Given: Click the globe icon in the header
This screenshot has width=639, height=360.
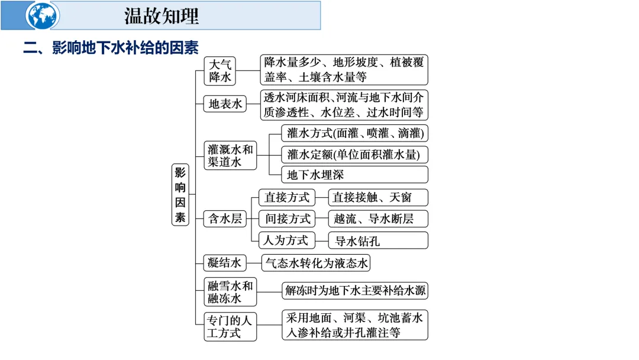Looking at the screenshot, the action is tap(43, 15).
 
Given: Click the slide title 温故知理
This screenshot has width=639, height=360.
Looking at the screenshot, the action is tap(162, 16).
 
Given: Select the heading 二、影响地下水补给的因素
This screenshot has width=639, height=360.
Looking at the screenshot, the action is tap(111, 47).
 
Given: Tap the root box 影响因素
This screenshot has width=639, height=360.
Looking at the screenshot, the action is tap(180, 195).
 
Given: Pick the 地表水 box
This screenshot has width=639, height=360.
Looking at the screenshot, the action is tap(225, 104).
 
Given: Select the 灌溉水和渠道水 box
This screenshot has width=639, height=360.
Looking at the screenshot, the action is tap(230, 155).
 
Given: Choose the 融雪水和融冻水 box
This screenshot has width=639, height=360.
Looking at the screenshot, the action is tap(230, 292).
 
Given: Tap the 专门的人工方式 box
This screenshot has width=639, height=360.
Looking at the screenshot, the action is tap(230, 326).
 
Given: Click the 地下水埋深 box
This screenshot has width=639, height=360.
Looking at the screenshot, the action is tap(354, 175).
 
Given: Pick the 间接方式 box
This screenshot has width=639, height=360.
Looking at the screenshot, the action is tap(287, 218).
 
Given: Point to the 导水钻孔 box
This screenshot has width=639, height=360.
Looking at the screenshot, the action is tap(378, 240).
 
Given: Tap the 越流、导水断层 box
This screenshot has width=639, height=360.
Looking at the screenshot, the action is tap(378, 219).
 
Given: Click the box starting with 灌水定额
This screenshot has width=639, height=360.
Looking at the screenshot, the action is tap(354, 155).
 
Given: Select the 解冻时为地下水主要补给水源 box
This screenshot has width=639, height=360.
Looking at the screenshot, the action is tap(354, 291).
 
